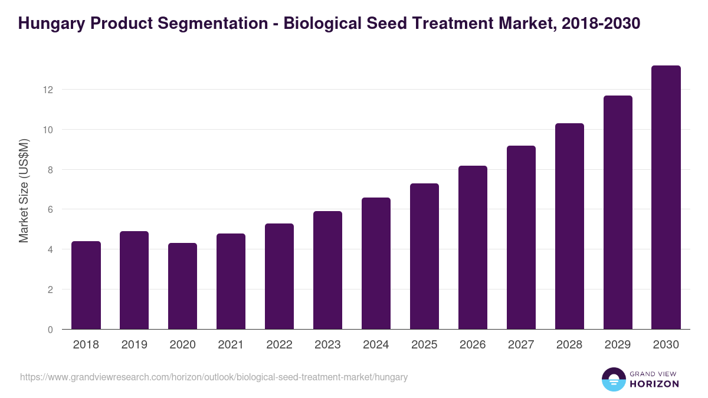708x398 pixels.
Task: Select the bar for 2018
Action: point(86,285)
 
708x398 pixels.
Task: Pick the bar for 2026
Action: point(473,248)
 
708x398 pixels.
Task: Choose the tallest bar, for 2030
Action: point(666,198)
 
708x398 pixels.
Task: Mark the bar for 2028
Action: point(569,226)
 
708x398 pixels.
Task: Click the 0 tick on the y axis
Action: point(51,330)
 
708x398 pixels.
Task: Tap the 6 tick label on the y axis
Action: point(51,209)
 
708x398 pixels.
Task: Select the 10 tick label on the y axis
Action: point(48,130)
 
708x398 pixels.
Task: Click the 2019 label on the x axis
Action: point(135,345)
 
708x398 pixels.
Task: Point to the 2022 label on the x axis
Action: point(280,345)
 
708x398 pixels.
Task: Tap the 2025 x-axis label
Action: point(425,345)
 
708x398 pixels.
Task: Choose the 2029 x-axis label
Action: point(618,345)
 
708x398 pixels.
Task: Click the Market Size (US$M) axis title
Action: point(24,190)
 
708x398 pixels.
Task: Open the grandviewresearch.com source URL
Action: point(214,377)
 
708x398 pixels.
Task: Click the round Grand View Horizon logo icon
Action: point(613,379)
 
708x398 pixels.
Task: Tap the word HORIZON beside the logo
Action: point(654,384)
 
